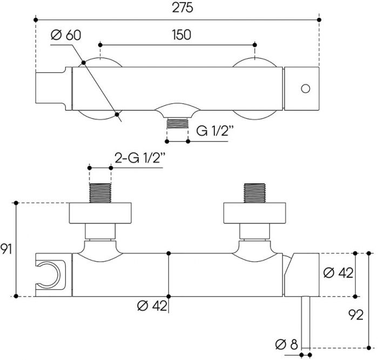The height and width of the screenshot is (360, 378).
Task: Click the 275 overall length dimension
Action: tap(183, 8)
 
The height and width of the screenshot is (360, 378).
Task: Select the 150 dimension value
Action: tap(181, 35)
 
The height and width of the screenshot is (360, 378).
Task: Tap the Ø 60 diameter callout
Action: tap(66, 35)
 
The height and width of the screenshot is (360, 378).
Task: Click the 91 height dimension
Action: tap(6, 249)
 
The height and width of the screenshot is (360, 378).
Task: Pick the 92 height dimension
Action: tap(356, 315)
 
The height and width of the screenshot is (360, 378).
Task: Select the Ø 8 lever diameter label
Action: tap(287, 344)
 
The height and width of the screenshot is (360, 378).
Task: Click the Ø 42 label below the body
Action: tap(152, 306)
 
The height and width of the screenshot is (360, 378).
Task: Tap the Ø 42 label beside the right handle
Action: tap(338, 273)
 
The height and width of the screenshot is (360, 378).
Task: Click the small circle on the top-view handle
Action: tap(306, 89)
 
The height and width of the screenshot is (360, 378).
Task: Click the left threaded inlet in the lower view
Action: tap(100, 193)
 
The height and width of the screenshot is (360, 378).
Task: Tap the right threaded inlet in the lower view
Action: tap(254, 193)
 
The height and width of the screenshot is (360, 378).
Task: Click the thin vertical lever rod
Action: tap(306, 322)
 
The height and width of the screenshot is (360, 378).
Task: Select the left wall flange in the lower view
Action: tap(100, 213)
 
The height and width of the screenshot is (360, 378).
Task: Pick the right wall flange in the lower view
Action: tap(254, 213)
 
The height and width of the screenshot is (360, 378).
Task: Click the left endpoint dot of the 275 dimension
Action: tap(36, 20)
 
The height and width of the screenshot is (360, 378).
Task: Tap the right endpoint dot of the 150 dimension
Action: tap(255, 45)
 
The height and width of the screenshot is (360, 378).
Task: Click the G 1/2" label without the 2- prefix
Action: tap(215, 131)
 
